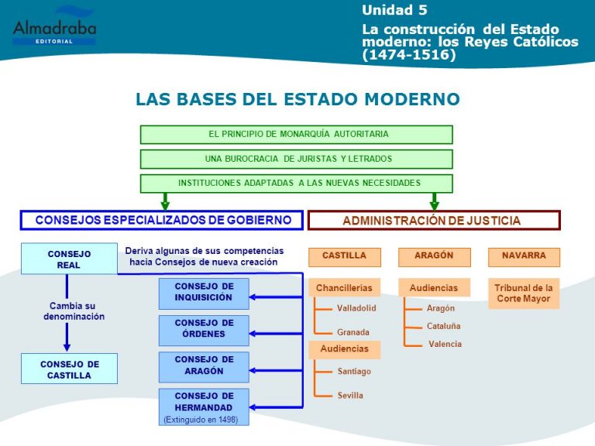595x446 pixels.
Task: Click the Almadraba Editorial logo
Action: tap(55, 26)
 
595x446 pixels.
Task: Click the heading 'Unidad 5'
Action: tap(394, 10)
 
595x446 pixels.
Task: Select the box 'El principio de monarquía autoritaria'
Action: tap(297, 134)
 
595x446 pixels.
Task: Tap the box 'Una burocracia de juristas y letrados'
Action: tap(297, 159)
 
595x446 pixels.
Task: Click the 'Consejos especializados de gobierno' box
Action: tap(162, 221)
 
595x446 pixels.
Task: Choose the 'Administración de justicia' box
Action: tap(434, 221)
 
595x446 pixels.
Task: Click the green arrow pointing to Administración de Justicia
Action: tap(435, 201)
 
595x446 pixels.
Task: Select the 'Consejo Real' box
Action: tap(69, 259)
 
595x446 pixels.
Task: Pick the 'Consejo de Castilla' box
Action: tap(69, 369)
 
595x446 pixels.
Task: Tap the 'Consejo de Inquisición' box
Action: tap(204, 293)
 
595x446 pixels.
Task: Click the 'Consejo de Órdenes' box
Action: tap(204, 331)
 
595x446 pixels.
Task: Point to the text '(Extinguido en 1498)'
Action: tap(201, 420)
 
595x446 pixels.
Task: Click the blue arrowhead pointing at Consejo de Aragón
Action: tap(253, 371)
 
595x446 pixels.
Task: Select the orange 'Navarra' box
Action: tap(524, 257)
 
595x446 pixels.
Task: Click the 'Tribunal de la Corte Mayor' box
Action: tap(524, 293)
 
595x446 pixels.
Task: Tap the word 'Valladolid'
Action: tap(356, 308)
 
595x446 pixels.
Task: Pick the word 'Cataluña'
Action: tap(444, 326)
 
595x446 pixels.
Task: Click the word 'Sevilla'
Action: tap(350, 395)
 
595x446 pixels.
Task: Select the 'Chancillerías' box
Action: tap(344, 288)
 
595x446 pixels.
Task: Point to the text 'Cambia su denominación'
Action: tap(74, 311)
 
